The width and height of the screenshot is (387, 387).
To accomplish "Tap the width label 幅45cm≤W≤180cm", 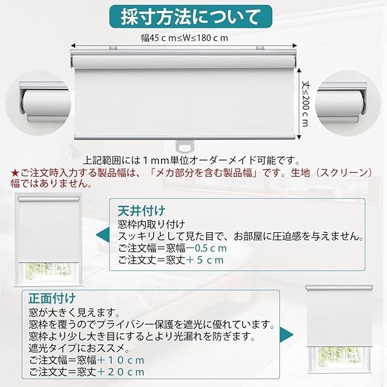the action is tap(184, 38).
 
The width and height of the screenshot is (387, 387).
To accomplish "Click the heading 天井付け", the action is tap(141, 211).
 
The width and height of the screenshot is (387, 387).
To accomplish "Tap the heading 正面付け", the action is tap(52, 298).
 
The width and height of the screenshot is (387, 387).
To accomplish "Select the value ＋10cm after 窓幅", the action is tap(123, 360).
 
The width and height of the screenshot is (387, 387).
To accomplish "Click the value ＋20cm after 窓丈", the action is tap(123, 372).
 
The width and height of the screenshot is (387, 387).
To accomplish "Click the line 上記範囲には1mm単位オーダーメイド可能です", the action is tap(192, 160).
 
